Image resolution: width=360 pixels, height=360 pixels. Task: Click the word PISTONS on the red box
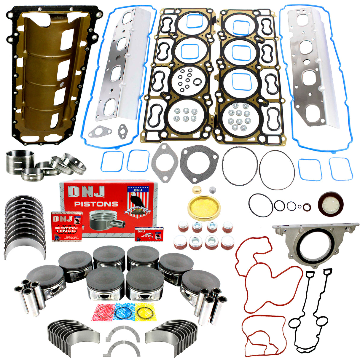(96, 204)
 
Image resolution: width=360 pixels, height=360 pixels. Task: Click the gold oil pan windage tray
(44, 74)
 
